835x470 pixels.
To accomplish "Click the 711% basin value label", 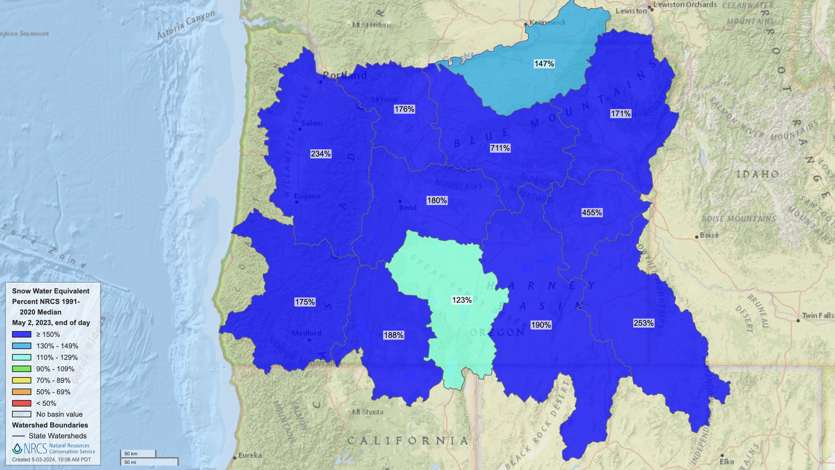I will (500, 148).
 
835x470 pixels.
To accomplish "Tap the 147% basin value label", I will (544, 64).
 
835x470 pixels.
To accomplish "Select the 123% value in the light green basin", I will (462, 300).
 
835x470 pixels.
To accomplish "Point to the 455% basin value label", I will (592, 212).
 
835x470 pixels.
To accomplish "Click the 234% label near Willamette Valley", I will (321, 153).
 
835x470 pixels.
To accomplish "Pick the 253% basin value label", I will (643, 323).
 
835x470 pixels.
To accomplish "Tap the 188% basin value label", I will (393, 335).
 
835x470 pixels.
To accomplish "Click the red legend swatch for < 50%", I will (22, 403).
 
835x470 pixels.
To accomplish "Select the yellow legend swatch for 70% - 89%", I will (22, 380).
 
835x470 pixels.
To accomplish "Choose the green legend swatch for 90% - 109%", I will (22, 369).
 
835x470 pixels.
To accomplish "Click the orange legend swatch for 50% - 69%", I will (22, 392).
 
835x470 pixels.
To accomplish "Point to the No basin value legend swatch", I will (22, 414).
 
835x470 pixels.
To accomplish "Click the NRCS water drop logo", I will (17, 449).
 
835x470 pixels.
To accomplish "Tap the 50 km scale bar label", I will (131, 454).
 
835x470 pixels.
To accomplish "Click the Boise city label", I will (709, 235).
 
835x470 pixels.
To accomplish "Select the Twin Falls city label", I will (818, 315).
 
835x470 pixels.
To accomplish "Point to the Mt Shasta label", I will (367, 412).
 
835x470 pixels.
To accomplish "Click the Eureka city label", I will (250, 455).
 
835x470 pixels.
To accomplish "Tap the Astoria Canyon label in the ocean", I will (186, 25).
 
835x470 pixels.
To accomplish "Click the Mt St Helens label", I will (371, 25).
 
